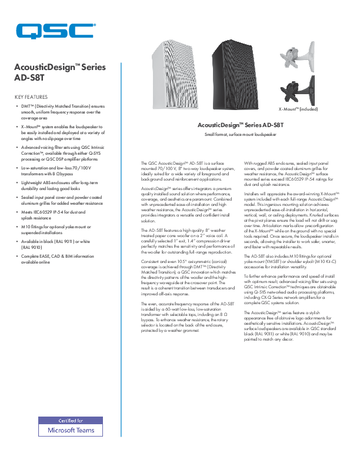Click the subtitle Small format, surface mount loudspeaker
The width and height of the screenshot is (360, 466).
pyautogui.click(x=240, y=135)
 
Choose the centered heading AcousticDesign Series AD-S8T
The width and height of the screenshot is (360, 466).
pyautogui.click(x=240, y=125)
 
